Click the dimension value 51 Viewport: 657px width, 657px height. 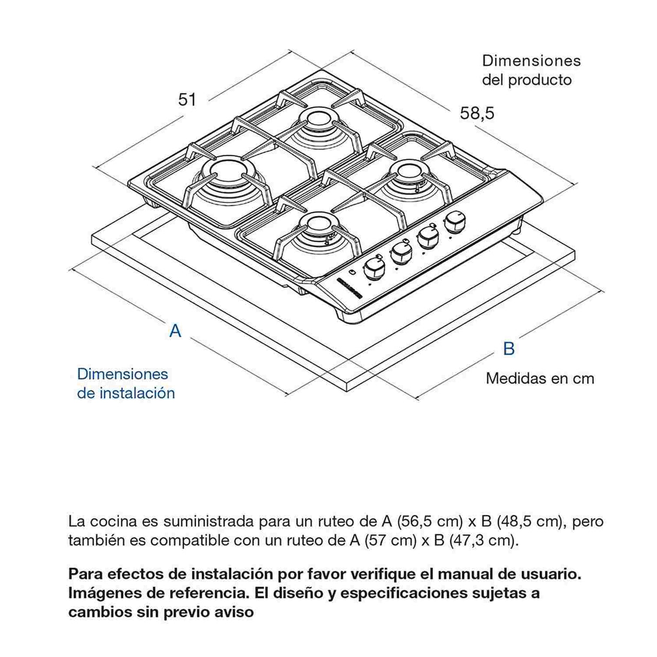(187, 100)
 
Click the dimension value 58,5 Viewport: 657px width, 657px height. (477, 113)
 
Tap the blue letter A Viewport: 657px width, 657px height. (175, 331)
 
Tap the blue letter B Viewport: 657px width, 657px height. (509, 349)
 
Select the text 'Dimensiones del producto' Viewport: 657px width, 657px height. (531, 70)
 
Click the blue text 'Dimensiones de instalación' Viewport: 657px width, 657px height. (126, 383)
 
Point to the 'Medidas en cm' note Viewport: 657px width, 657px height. (540, 378)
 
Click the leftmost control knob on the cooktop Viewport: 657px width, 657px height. (372, 268)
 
